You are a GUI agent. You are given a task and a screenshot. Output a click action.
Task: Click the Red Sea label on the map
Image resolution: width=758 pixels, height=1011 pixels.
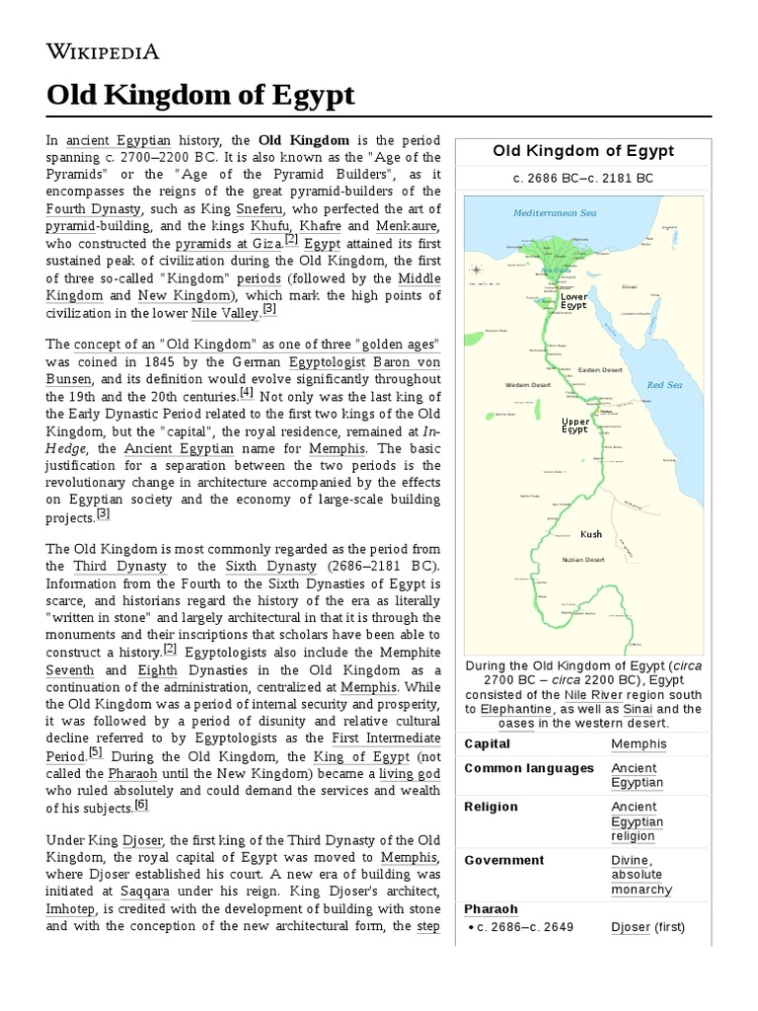coord(664,384)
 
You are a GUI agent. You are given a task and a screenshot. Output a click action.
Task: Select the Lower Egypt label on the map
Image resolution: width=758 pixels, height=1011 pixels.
coord(573,300)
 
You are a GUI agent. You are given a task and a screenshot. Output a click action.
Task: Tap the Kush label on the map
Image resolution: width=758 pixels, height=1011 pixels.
coord(590,534)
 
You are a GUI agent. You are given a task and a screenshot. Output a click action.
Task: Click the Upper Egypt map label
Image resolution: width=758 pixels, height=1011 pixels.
coord(574,426)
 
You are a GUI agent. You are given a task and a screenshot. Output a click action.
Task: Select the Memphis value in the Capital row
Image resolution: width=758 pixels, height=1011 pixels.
coord(639,743)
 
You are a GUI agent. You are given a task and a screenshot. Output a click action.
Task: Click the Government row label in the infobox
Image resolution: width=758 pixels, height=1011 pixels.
coord(504,860)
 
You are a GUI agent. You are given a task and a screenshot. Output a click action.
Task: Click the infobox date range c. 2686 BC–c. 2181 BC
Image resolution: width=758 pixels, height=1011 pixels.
coord(583,178)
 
